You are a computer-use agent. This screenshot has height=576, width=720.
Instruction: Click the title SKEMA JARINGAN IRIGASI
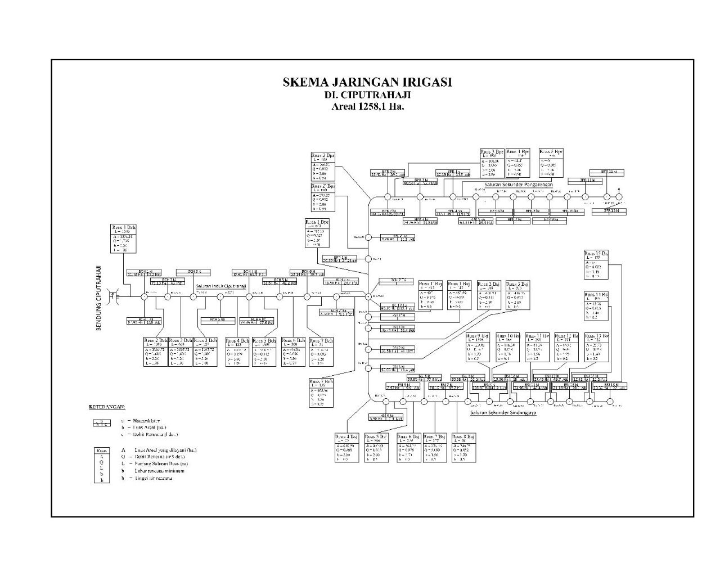(367, 83)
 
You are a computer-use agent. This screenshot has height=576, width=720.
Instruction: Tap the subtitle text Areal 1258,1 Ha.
(368, 106)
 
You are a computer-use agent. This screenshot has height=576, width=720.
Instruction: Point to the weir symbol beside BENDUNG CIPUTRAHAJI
(114, 296)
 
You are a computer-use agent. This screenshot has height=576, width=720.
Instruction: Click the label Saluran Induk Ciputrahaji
(221, 286)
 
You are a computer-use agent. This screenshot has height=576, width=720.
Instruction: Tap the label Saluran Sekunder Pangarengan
(519, 184)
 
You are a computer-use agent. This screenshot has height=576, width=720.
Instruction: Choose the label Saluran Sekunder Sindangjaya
(503, 412)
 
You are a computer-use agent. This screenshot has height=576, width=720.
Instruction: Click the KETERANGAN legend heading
(107, 406)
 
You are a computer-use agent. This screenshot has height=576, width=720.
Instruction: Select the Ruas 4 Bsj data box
(346, 448)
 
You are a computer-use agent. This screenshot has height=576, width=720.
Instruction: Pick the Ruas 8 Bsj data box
(463, 448)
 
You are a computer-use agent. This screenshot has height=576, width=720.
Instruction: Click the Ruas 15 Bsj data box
(596, 265)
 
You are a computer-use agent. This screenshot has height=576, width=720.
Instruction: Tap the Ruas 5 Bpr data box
(551, 163)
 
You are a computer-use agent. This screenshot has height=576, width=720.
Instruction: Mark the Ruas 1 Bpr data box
(518, 163)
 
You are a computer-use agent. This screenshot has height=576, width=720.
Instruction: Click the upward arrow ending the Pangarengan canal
(619, 191)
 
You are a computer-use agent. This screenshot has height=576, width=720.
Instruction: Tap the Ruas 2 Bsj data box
(489, 295)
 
